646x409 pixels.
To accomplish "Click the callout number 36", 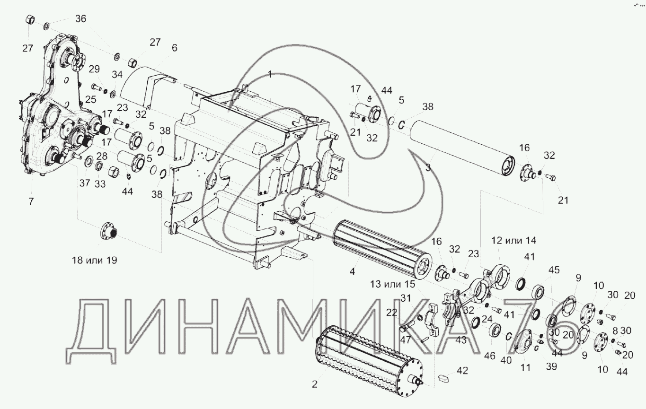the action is click(x=80, y=19).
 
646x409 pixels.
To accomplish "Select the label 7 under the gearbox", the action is click(x=31, y=202).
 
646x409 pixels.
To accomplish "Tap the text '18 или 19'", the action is click(x=94, y=260).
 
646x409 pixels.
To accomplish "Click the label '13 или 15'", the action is click(x=392, y=284).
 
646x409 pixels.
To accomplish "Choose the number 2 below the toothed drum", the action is click(x=314, y=383).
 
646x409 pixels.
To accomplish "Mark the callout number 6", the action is click(x=174, y=48).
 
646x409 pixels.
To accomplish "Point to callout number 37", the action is click(x=85, y=183).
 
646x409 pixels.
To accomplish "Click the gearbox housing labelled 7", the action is click(x=47, y=113).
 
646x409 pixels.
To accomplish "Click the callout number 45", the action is click(x=554, y=270).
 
